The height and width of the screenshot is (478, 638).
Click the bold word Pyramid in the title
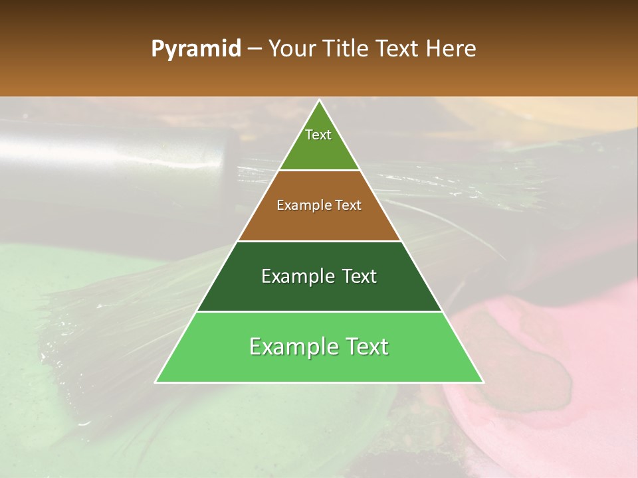(195, 49)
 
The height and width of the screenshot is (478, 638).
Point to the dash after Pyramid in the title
(254, 50)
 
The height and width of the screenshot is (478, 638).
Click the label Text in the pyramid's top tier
(318, 135)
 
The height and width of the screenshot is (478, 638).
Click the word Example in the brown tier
(304, 205)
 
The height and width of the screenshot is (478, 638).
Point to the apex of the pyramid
(320, 100)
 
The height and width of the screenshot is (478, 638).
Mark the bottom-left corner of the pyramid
(156, 382)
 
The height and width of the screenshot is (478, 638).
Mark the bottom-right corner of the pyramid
(483, 382)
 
